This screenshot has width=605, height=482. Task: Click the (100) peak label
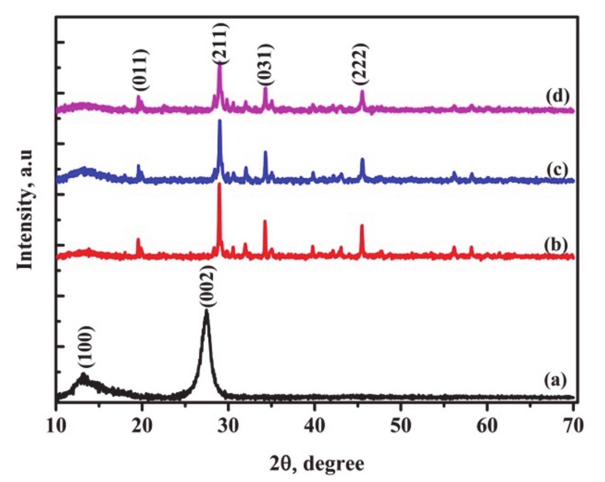point(85,347)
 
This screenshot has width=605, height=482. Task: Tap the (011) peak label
point(141,70)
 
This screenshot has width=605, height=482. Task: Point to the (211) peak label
point(220,43)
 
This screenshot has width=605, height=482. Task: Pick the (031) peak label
point(265,64)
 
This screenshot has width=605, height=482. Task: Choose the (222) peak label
point(360,63)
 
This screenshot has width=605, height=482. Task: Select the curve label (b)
point(556,245)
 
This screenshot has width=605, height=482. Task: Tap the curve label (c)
point(557,169)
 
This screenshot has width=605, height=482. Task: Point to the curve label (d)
point(557,96)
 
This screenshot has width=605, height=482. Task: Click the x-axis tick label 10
point(56,426)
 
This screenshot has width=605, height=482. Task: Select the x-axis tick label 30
point(228,426)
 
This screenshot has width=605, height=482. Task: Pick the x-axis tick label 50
point(400,426)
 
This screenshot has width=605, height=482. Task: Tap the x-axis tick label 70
point(573,426)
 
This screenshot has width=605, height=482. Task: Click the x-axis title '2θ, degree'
point(317,463)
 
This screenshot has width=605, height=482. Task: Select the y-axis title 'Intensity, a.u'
point(25,209)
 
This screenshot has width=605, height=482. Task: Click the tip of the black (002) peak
point(207,311)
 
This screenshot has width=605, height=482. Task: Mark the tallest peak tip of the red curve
point(219,184)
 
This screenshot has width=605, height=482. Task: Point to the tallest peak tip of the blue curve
point(219,120)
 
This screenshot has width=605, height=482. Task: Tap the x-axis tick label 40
point(314,426)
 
